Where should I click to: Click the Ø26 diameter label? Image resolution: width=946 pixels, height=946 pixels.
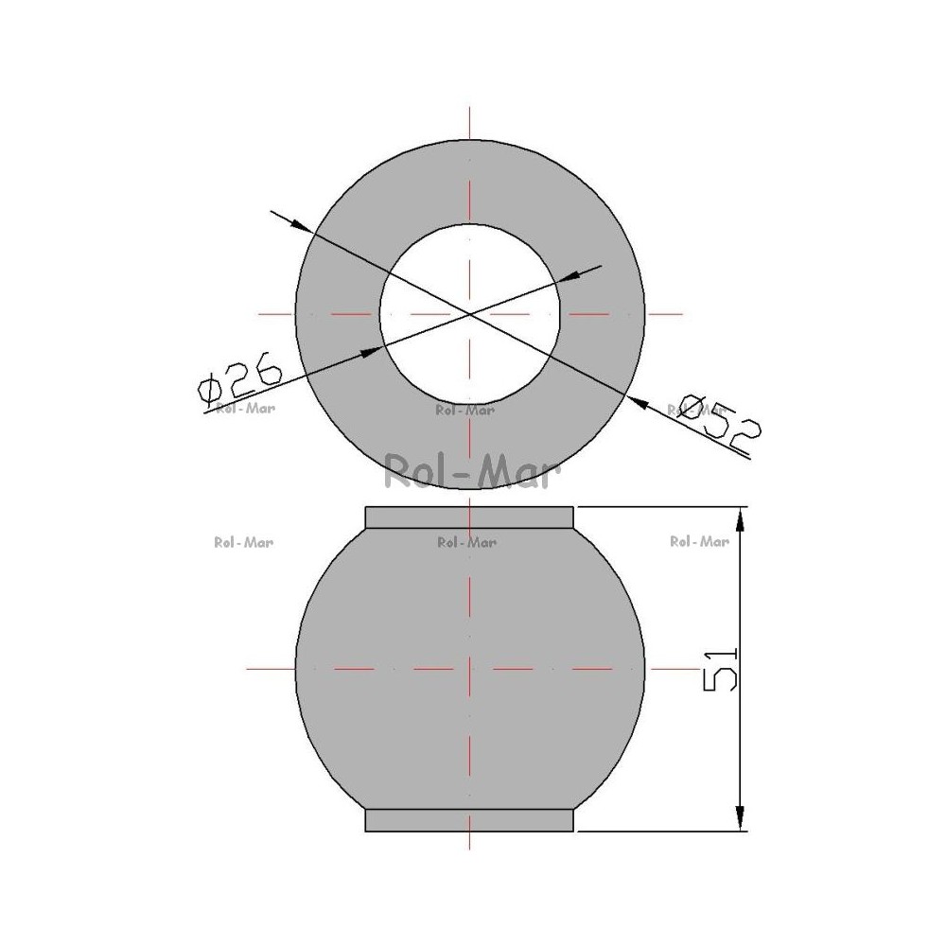click(240, 382)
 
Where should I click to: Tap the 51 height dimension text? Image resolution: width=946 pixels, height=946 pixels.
click(720, 669)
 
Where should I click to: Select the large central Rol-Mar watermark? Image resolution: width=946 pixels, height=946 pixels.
click(473, 472)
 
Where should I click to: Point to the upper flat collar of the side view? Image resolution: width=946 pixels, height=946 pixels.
click(469, 517)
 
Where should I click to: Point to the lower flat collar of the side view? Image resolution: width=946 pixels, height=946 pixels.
click(469, 820)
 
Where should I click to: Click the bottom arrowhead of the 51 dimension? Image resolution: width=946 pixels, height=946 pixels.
click(741, 818)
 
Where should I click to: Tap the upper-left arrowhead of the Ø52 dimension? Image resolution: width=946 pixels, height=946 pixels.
click(302, 226)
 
